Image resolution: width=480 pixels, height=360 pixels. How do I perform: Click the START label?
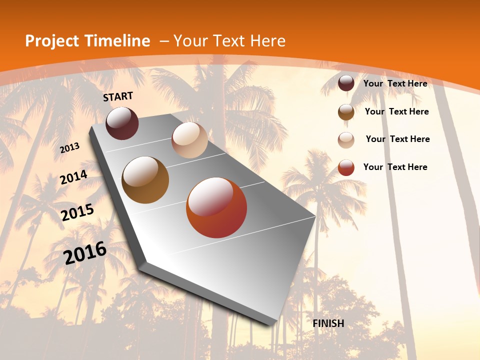pos(118,96)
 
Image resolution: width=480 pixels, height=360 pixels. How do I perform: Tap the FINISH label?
pos(328,323)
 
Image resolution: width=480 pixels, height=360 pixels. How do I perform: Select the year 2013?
pos(69,148)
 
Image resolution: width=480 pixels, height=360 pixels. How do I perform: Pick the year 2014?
pos(73,177)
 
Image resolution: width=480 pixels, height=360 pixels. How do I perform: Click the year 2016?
pos(85,253)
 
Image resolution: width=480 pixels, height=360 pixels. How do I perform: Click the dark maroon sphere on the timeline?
pos(122,123)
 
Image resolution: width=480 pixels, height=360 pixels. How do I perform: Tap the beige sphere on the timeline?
pos(189,140)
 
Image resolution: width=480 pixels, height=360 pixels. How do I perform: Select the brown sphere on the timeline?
pos(145,180)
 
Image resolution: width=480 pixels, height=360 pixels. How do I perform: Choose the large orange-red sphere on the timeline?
pos(216,207)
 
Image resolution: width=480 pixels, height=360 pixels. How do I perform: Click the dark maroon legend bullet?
pos(346,83)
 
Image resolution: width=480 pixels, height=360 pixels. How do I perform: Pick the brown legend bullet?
pos(346,112)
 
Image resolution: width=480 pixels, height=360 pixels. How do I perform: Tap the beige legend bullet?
pos(346,140)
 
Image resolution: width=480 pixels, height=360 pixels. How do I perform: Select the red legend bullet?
pos(346,167)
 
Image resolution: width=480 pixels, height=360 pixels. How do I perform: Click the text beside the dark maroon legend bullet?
pos(395,83)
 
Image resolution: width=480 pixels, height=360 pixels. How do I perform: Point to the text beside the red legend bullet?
pos(395,167)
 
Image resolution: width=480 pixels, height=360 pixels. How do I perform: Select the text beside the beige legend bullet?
pos(397,139)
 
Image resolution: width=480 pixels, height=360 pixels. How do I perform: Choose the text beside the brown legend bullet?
pos(396,111)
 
